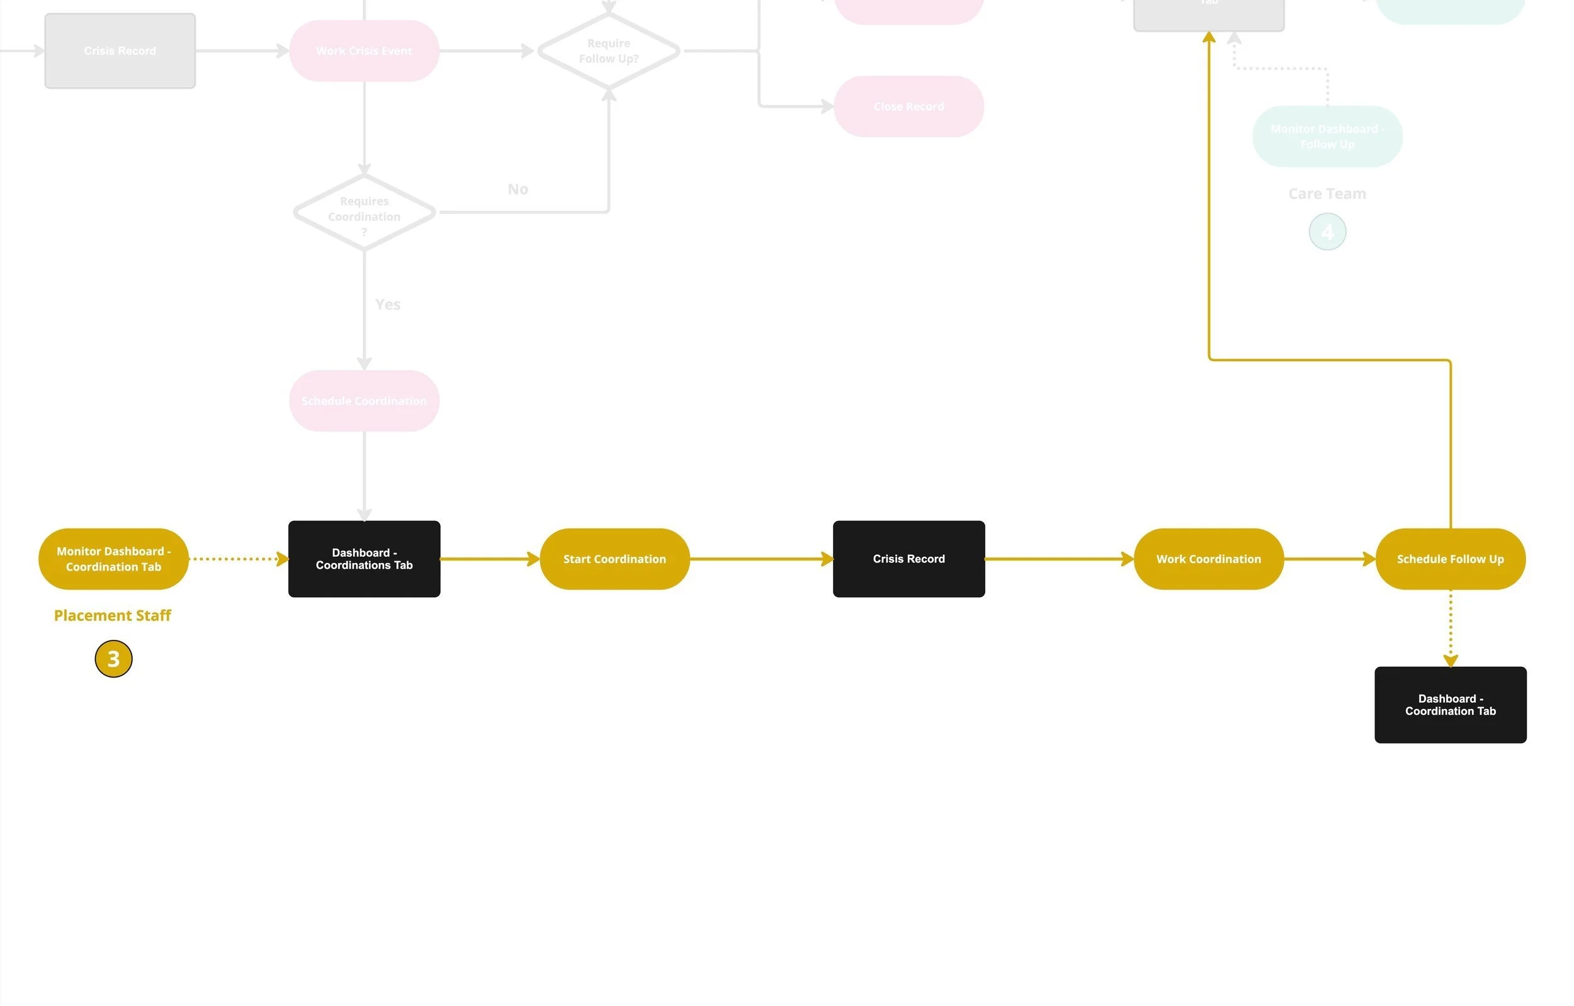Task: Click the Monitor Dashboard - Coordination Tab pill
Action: pos(113,559)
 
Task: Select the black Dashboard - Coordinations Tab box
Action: pos(364,559)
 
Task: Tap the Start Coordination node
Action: pos(614,559)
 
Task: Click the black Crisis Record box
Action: pos(909,559)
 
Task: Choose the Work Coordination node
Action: pos(1209,559)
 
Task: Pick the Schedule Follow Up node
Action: pos(1451,559)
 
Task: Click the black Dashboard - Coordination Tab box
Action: pos(1451,705)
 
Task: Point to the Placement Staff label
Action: pos(113,615)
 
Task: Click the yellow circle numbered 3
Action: pos(114,659)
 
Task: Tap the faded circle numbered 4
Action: pos(1327,232)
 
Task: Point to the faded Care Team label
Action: pos(1327,194)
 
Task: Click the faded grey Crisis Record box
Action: pos(120,51)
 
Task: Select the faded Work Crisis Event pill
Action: pos(364,51)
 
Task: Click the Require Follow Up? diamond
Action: pos(609,51)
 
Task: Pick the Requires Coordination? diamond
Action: pos(364,212)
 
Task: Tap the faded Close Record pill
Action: pos(909,106)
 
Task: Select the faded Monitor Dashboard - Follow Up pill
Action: pos(1327,137)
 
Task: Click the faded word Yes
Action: pos(388,305)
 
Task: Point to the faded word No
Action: pos(518,189)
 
